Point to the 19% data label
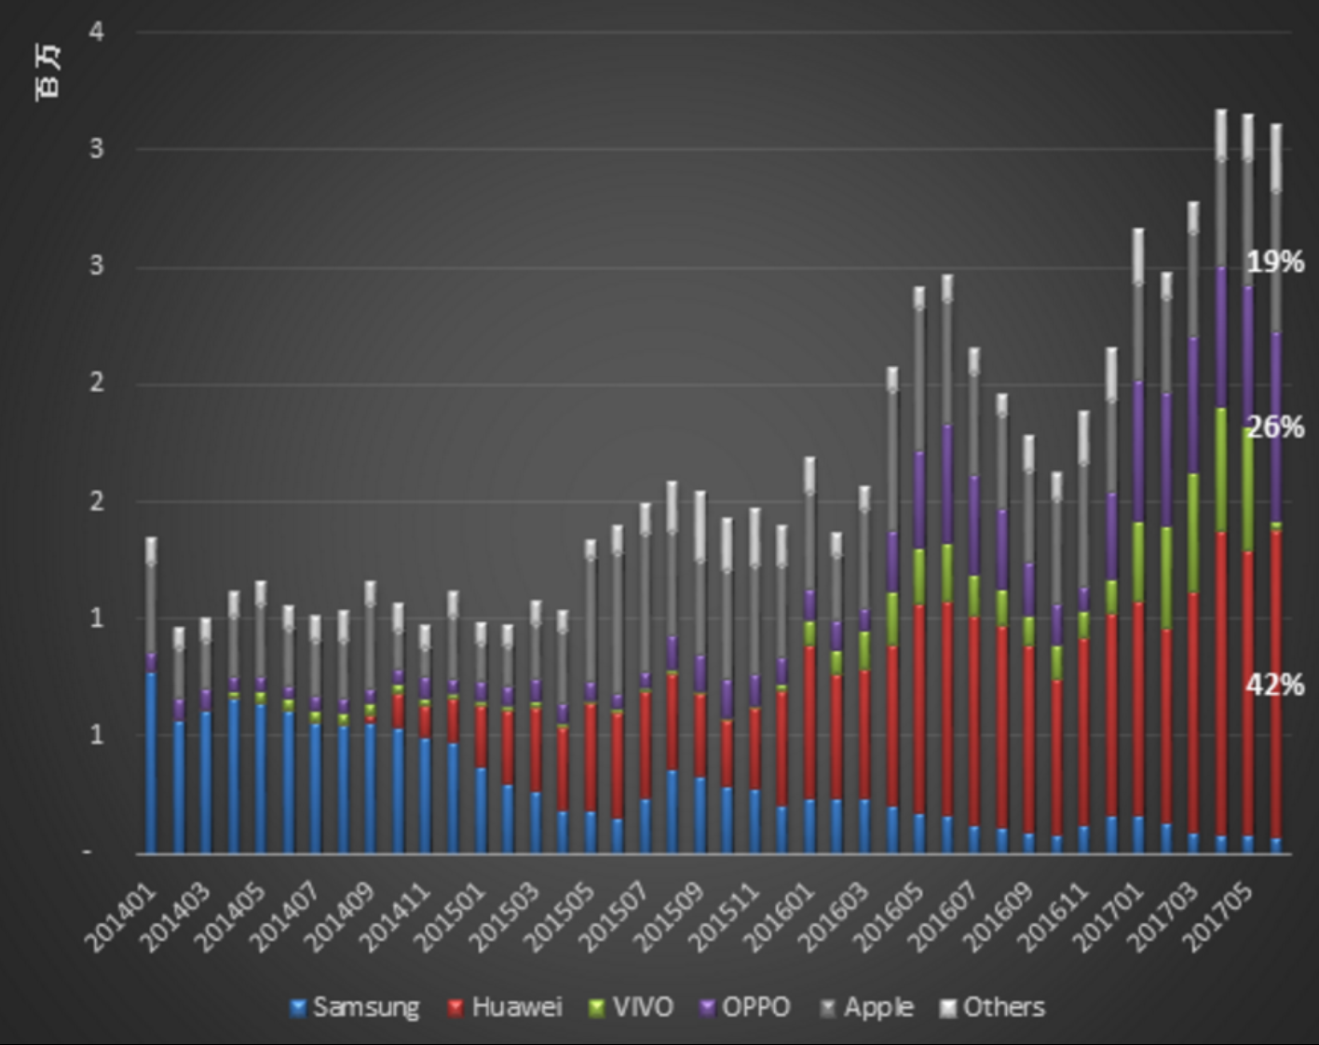[x=1275, y=263]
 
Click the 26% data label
[x=1275, y=427]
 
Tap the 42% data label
[x=1275, y=685]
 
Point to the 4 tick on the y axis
[x=97, y=33]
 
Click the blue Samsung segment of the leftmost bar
[x=151, y=762]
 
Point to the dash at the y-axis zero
[x=88, y=851]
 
